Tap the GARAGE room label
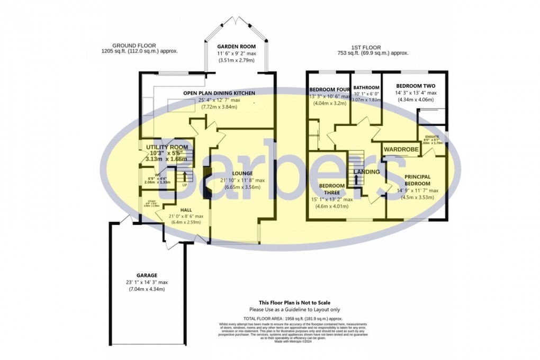tap(147, 275)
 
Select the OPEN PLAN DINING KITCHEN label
tap(219, 93)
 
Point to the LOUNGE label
tap(241, 173)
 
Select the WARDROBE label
tap(401, 150)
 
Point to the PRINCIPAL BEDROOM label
tap(417, 180)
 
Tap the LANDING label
tap(366, 172)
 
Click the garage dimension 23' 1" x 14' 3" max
tap(147, 282)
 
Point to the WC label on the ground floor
tap(157, 175)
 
